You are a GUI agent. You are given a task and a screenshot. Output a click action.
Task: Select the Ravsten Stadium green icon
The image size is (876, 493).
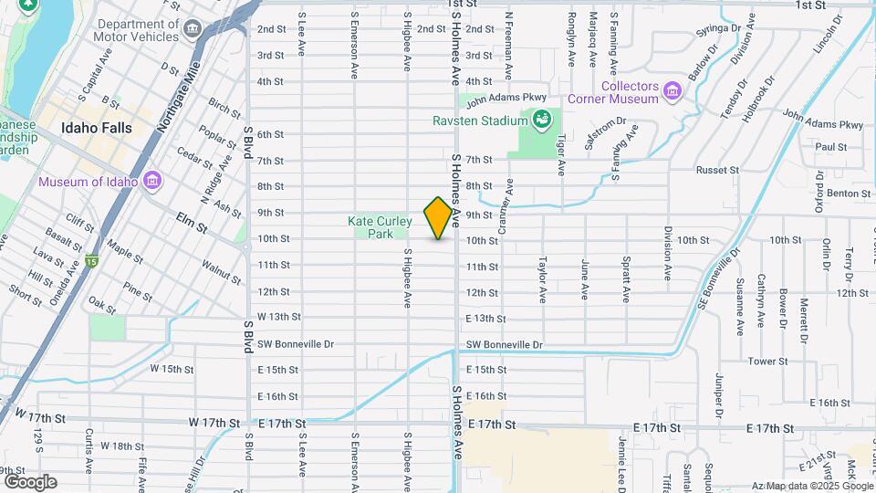[x=542, y=119]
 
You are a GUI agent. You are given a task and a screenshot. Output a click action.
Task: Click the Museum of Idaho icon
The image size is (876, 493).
[x=152, y=180]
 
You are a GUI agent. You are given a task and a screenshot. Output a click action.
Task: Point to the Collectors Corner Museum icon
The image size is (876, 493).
[x=673, y=90]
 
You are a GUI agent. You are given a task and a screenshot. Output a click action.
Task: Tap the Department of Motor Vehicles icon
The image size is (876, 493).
[x=193, y=29]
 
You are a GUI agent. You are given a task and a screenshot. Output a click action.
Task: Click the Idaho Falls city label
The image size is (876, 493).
[x=97, y=128]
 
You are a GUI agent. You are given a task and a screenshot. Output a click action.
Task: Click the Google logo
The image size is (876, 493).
[x=29, y=481]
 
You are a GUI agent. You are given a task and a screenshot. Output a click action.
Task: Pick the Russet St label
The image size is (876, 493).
[x=716, y=170]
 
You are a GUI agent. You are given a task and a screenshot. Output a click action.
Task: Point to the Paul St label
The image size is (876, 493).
[x=831, y=146]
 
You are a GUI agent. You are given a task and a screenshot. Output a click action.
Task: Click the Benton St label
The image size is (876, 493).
[x=848, y=194]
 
